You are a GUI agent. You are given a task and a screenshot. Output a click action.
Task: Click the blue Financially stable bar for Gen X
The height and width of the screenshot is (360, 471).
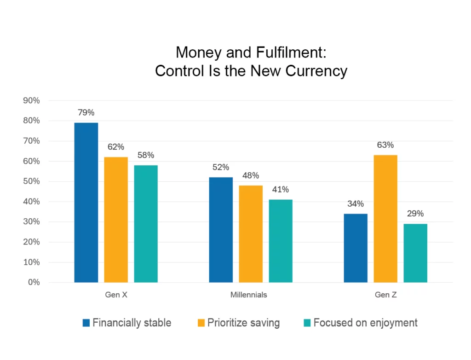(86, 203)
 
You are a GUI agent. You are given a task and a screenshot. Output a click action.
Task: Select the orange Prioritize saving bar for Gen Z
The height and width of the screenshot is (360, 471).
(385, 219)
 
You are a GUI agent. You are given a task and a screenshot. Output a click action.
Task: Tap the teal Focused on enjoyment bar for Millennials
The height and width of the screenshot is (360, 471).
(281, 241)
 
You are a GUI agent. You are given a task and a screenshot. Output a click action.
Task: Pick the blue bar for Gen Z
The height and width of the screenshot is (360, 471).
(356, 248)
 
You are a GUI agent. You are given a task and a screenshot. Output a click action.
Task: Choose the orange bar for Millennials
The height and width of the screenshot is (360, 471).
(251, 234)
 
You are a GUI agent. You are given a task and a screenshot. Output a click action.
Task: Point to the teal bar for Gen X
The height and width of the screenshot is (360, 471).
(146, 224)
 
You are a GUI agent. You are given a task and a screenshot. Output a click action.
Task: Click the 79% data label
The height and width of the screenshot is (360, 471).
(86, 112)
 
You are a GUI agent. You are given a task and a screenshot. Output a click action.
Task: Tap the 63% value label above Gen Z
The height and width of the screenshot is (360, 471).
(385, 145)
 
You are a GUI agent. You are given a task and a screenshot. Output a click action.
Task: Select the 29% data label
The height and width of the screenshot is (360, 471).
(415, 214)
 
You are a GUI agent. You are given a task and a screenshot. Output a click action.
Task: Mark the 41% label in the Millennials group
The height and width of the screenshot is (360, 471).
(281, 189)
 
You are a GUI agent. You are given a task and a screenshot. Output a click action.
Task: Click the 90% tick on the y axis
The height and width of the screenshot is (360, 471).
(31, 101)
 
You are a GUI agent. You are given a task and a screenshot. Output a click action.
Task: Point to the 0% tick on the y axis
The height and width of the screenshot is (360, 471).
(34, 282)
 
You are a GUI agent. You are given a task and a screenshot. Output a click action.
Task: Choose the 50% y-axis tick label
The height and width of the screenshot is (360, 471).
(31, 181)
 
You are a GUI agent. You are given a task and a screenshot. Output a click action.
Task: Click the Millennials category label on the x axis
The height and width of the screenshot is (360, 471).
(248, 295)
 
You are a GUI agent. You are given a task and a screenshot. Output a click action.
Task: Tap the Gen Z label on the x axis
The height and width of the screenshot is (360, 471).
(385, 295)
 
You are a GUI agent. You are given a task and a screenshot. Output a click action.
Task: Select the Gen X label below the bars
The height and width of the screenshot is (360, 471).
(116, 295)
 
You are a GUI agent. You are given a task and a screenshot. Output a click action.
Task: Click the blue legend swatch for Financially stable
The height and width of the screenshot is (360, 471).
(86, 323)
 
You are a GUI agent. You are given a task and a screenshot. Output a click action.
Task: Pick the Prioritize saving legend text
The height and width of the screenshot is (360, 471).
(243, 323)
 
